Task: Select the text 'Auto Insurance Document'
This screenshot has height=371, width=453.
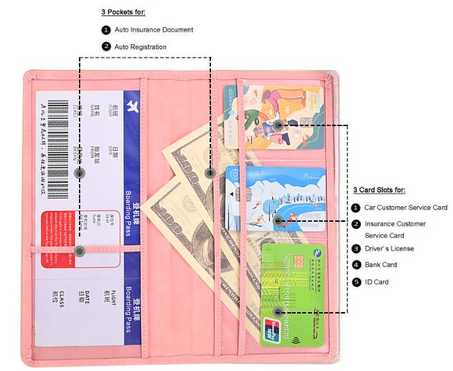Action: [x=154, y=30]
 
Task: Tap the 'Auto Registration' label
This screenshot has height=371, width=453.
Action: [x=140, y=47]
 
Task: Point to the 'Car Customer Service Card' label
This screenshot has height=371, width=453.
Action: [x=406, y=207]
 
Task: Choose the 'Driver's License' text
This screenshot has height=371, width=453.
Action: [x=389, y=248]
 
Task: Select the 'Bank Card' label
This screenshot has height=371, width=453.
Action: [x=381, y=265]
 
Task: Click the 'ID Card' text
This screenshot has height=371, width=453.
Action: [x=377, y=282]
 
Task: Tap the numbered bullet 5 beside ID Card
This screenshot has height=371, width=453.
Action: [x=355, y=282]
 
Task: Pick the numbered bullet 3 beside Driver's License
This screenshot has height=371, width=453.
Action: [x=355, y=248]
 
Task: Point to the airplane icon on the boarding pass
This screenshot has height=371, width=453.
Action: [x=133, y=105]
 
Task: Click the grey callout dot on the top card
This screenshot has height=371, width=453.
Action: [x=278, y=125]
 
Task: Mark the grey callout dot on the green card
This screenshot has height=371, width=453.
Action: [x=278, y=313]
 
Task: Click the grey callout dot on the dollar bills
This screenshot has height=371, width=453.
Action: [x=210, y=173]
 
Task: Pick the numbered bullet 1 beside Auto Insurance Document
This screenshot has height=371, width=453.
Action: [x=106, y=30]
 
